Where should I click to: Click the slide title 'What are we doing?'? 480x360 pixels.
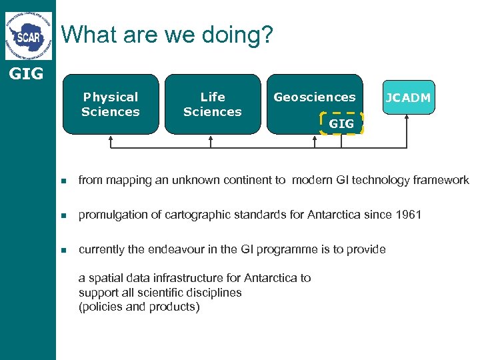(x=167, y=35)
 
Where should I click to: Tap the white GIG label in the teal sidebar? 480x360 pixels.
(x=27, y=74)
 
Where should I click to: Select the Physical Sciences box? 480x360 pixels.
(x=110, y=104)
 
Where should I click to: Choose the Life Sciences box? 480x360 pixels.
(x=212, y=104)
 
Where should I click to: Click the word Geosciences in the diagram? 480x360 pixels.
(x=315, y=97)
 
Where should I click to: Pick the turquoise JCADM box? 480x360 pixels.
(x=407, y=98)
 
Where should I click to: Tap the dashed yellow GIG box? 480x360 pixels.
(x=341, y=123)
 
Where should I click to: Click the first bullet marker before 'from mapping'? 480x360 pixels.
(x=63, y=181)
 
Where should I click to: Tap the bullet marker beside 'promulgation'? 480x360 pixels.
(x=63, y=215)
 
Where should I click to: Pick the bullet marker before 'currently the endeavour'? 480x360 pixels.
(x=63, y=250)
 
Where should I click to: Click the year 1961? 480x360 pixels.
(x=408, y=215)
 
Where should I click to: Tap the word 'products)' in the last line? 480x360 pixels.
(x=177, y=307)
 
